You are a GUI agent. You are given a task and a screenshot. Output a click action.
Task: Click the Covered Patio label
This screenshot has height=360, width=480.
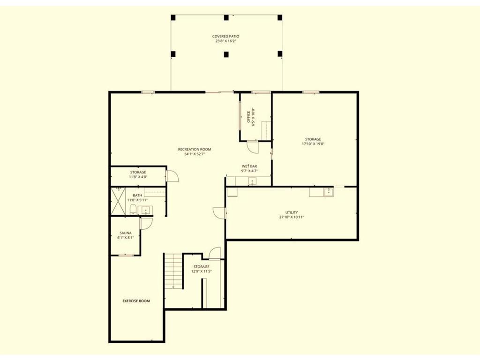[225, 37]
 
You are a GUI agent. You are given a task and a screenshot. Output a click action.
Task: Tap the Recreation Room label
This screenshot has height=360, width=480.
[195, 150]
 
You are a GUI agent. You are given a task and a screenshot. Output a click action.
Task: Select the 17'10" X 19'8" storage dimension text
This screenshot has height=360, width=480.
[313, 143]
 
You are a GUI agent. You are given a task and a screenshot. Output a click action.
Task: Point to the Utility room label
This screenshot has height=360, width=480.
[292, 212]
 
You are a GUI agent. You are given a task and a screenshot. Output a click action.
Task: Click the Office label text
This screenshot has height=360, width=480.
[248, 117]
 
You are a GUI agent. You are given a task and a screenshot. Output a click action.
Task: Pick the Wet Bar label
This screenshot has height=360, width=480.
[249, 166]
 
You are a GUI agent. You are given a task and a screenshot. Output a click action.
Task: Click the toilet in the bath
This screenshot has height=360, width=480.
[133, 210]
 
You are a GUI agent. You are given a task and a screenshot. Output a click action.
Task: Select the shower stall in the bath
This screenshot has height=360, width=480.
[118, 201]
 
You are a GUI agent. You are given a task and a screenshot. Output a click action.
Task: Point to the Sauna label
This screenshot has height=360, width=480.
[126, 233]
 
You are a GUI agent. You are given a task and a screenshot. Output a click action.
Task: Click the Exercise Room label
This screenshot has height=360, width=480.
[136, 301]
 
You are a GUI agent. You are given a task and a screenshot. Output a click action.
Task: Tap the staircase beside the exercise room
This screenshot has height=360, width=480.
[173, 270]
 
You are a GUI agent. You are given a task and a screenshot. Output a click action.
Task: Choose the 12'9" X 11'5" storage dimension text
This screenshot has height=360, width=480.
[202, 271]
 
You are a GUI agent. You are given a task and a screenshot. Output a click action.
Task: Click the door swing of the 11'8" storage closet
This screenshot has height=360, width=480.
[172, 176]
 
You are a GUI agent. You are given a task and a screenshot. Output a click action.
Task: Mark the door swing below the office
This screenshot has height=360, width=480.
[253, 147]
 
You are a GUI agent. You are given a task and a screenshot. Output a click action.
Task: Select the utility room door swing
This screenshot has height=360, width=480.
[219, 213]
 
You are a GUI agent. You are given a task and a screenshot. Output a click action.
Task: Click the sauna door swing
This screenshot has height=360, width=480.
[146, 223]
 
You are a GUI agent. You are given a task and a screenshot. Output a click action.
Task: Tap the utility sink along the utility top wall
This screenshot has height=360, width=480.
[329, 192]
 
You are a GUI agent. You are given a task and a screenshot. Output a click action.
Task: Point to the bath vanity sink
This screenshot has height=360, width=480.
[145, 210]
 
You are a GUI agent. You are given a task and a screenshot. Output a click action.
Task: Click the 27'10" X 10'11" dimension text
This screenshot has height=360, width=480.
[292, 217]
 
